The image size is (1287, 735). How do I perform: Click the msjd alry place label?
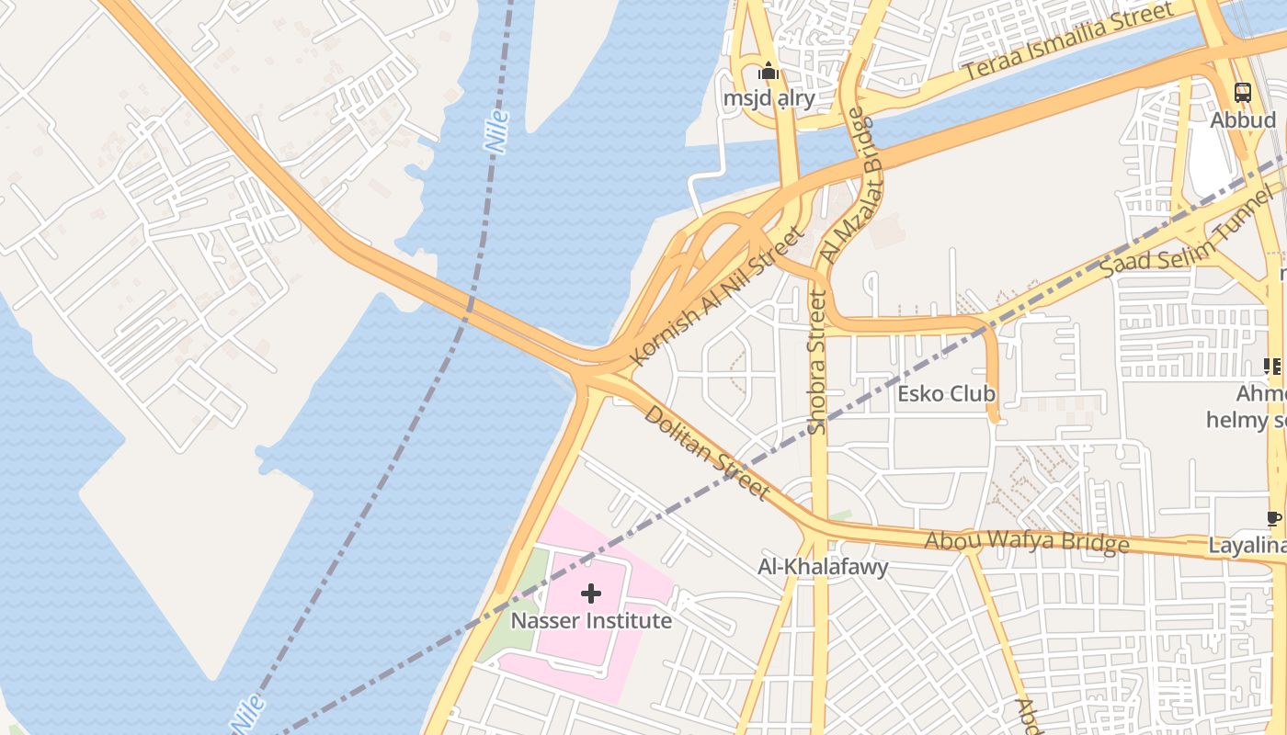click(x=769, y=98)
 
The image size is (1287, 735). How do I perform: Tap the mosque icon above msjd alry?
click(x=769, y=71)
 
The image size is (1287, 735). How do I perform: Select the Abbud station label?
click(x=1242, y=119)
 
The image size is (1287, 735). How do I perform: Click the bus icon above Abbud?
click(x=1242, y=92)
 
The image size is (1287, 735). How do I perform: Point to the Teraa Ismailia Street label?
click(x=1067, y=42)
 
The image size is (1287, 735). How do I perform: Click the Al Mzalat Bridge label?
click(x=849, y=187)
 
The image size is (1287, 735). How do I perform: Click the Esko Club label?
click(x=946, y=394)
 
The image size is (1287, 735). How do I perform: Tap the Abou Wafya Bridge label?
click(x=1026, y=542)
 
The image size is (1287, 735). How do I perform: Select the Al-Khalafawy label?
click(x=823, y=567)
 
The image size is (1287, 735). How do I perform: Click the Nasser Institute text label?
click(x=591, y=621)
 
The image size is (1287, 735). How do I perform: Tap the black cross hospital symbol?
click(x=591, y=594)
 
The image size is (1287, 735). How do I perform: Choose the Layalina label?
click(x=1247, y=546)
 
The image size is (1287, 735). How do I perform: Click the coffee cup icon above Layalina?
click(x=1273, y=519)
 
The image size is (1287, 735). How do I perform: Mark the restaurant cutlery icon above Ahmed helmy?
click(x=1272, y=367)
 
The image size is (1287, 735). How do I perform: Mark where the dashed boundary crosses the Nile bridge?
click(x=470, y=307)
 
